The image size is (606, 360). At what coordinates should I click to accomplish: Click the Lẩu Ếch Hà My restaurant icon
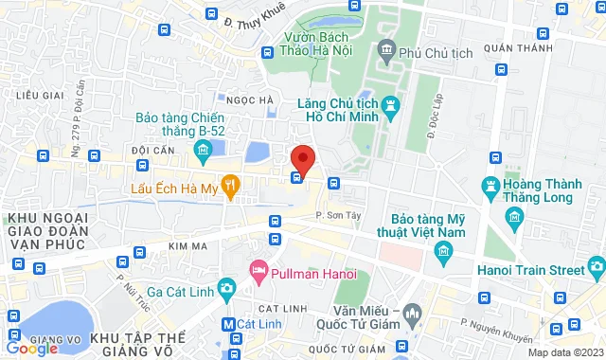coord(229,183)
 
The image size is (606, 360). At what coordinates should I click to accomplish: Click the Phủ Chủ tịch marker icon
coord(385,49)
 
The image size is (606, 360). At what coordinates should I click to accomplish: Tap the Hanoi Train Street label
coord(532,247)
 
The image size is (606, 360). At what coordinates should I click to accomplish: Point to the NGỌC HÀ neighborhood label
coord(248,100)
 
